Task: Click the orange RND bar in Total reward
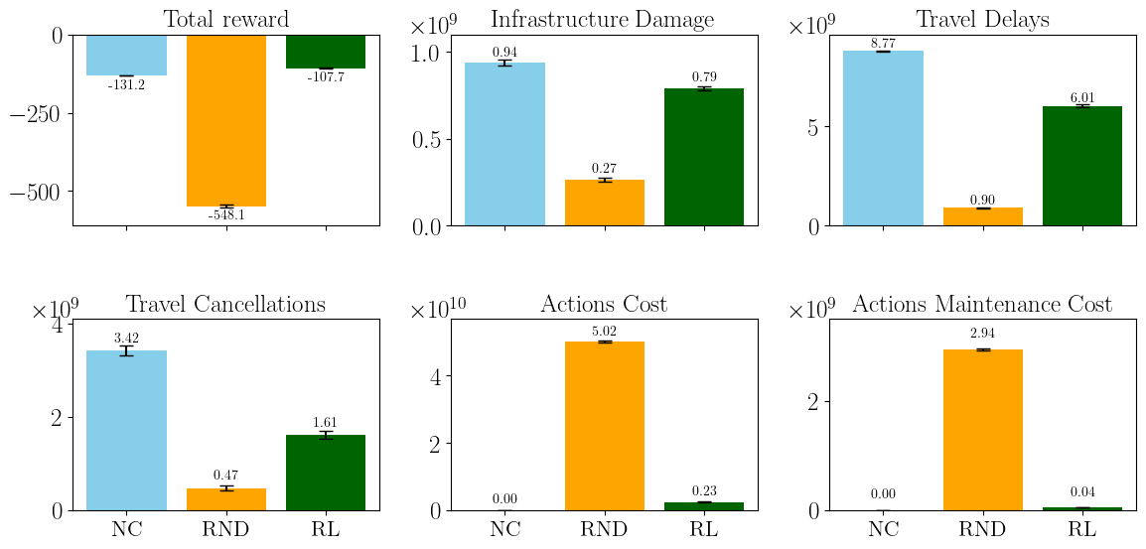pyautogui.click(x=226, y=120)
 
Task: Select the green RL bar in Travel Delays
pyautogui.click(x=1082, y=166)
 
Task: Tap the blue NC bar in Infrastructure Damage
pyautogui.click(x=504, y=144)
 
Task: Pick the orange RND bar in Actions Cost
pyautogui.click(x=605, y=426)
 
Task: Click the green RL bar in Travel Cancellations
pyautogui.click(x=326, y=473)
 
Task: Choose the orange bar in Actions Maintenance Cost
pyautogui.click(x=983, y=430)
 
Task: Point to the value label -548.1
pyautogui.click(x=226, y=215)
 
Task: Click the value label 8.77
pyautogui.click(x=883, y=44)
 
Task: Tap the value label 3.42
pyautogui.click(x=126, y=340)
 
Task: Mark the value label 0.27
pyautogui.click(x=605, y=169)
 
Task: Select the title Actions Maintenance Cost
pyautogui.click(x=982, y=304)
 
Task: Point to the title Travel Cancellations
pyautogui.click(x=225, y=304)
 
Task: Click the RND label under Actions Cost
pyautogui.click(x=605, y=529)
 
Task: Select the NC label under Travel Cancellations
pyautogui.click(x=126, y=529)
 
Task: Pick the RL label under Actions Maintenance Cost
pyautogui.click(x=1082, y=529)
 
